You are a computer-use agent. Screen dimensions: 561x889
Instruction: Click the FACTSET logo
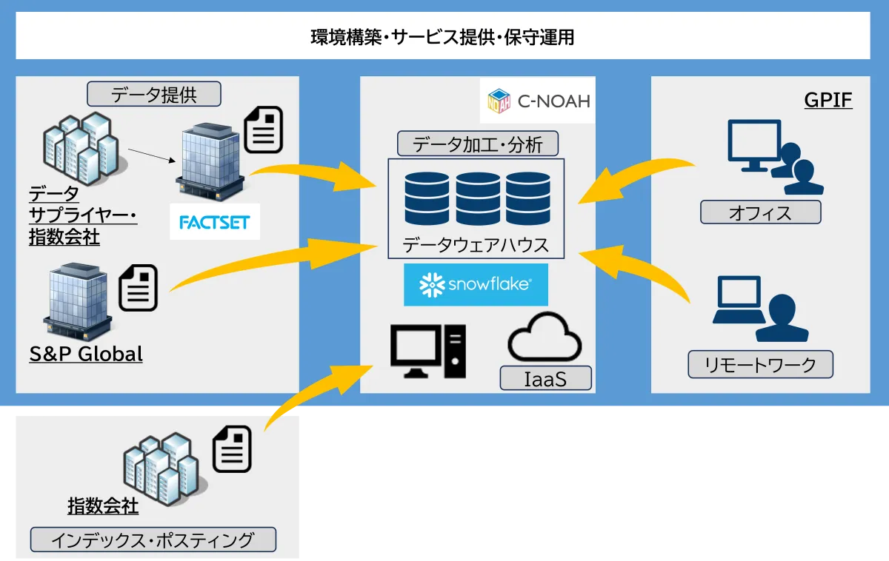215,222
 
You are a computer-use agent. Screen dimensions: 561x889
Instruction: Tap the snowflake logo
476,285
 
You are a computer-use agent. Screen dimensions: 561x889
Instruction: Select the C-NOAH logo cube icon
500,101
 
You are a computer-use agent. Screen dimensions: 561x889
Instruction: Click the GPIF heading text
828,100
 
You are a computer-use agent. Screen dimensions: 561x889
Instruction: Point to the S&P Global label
86,354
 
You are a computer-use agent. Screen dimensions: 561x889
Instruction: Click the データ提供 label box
154,94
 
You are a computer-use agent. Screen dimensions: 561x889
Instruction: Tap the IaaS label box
546,379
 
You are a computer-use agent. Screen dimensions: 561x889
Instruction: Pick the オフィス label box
761,213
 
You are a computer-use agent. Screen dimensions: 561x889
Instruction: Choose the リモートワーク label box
761,364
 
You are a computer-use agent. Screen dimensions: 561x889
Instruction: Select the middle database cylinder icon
478,198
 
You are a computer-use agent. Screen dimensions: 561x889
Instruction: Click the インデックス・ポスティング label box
153,540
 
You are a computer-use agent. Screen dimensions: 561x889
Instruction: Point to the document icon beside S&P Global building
139,287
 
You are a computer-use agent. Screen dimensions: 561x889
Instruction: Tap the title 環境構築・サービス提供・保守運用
443,37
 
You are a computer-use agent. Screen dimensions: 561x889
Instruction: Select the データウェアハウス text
476,244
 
